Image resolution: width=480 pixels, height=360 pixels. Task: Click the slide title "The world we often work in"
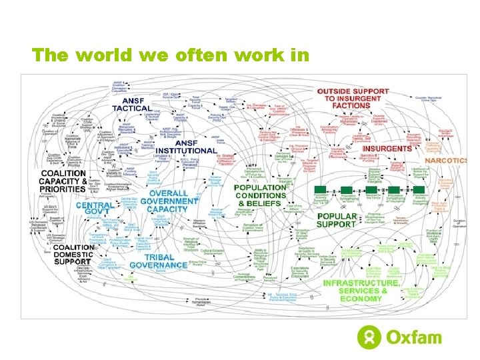pos(170,55)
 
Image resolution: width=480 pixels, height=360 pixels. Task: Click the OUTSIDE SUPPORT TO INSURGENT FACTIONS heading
pos(353,98)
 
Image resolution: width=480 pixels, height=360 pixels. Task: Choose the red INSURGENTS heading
pos(387,148)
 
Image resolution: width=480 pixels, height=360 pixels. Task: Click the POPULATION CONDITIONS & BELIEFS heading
pos(260,195)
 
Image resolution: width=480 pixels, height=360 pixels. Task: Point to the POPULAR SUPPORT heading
pos(337,221)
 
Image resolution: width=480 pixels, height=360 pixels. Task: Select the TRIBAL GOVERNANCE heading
pos(159,261)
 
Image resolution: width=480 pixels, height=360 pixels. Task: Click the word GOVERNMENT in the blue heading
pos(169,201)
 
